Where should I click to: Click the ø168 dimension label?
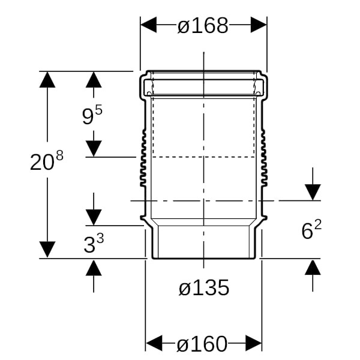click(x=203, y=25)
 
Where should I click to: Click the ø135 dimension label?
click(x=204, y=287)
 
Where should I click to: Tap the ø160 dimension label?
click(x=202, y=344)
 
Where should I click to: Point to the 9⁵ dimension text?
click(x=92, y=115)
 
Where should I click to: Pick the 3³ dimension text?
click(x=94, y=244)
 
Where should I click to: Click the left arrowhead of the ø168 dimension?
click(x=149, y=25)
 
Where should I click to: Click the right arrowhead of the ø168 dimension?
click(x=259, y=25)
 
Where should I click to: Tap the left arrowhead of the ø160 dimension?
click(x=154, y=343)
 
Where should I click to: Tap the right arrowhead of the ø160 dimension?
click(x=254, y=343)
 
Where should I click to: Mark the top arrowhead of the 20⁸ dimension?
click(x=47, y=80)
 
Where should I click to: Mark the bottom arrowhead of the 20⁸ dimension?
click(x=47, y=250)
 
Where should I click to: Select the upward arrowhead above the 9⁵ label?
click(x=94, y=80)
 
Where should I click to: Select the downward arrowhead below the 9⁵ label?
click(x=94, y=149)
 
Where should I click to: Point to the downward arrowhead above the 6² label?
click(x=313, y=192)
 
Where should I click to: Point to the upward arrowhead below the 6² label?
click(x=313, y=267)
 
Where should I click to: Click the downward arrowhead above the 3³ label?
click(x=94, y=217)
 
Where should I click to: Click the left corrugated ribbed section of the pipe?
click(x=143, y=158)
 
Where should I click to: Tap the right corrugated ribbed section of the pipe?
click(x=264, y=158)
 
